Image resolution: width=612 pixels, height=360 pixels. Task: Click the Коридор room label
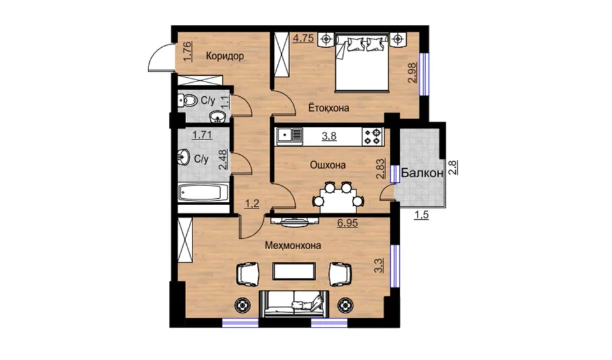coord(225,56)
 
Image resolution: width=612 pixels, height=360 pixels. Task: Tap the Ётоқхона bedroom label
coord(329,108)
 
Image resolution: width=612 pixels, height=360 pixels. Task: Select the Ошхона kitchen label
coord(328,165)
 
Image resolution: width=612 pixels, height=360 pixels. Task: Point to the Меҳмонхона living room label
coord(293,245)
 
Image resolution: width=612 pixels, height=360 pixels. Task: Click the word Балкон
coord(422,173)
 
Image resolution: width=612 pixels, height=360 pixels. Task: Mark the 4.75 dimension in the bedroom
coord(303,38)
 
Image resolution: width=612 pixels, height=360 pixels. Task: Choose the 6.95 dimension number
coord(347,224)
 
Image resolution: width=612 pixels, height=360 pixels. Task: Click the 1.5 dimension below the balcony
coord(421,215)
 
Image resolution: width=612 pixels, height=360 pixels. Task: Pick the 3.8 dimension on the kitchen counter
coord(329,136)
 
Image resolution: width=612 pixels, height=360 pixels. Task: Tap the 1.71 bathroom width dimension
coord(202,135)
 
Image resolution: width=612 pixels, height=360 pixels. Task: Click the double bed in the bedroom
coord(362,62)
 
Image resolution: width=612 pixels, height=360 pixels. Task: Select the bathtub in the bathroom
coord(203,193)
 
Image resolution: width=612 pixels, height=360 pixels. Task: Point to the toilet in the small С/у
coord(187,101)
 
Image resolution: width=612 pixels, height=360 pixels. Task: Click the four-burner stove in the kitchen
coord(372,136)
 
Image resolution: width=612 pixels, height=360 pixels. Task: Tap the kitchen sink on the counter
coord(289,136)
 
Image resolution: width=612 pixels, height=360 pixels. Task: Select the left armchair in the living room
coord(247,274)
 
